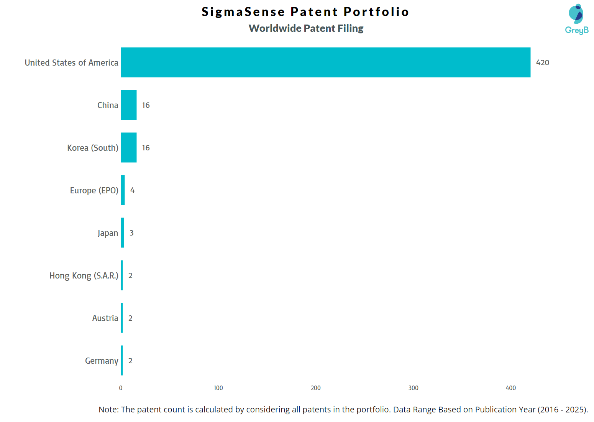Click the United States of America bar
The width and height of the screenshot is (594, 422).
tap(325, 62)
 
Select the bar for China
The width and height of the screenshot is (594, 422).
tap(129, 105)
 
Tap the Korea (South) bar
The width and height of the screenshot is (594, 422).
tap(129, 147)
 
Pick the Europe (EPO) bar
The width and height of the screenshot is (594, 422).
tap(123, 190)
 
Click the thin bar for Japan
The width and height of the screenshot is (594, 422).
tap(122, 232)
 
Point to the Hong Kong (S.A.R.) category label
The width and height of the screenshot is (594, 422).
tap(84, 275)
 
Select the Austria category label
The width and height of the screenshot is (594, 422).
tap(105, 318)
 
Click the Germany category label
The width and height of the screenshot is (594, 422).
tap(102, 361)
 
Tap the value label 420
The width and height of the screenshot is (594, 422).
tap(542, 63)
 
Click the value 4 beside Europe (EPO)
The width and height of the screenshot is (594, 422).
tap(132, 190)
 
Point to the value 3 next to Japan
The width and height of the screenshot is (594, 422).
tap(131, 233)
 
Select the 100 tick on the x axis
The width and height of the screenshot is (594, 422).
tap(218, 388)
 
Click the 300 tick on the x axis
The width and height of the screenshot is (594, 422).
tap(413, 388)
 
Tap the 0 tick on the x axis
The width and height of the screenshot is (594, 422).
tap(121, 388)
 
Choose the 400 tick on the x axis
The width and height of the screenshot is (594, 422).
tap(510, 388)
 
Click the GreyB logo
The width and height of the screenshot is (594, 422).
tap(576, 19)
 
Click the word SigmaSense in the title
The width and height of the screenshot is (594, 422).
tap(243, 12)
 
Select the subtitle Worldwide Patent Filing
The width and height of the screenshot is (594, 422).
tap(306, 28)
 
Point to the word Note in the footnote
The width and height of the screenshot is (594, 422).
tap(108, 409)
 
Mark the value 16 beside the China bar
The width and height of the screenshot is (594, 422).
tap(146, 105)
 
